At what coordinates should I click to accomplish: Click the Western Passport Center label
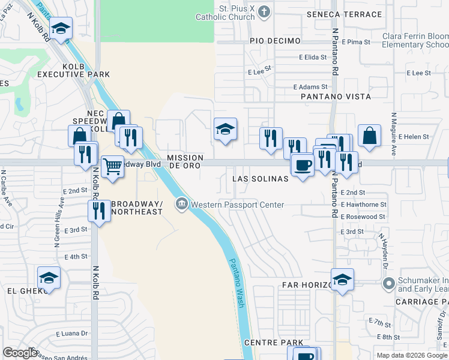click(x=238, y=205)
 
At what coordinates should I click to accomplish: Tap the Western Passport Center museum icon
click(x=181, y=205)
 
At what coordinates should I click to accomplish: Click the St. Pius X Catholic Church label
click(x=225, y=13)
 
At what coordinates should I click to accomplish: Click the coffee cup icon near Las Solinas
click(x=302, y=164)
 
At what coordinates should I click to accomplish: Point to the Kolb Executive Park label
click(x=73, y=70)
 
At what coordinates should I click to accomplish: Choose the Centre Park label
click(x=274, y=343)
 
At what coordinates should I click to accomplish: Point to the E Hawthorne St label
click(x=363, y=205)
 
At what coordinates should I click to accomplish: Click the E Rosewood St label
click(x=363, y=217)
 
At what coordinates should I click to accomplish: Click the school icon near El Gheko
click(x=49, y=278)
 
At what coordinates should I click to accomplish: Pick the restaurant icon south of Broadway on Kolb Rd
click(x=98, y=211)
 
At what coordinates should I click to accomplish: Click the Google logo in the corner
click(x=20, y=352)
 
